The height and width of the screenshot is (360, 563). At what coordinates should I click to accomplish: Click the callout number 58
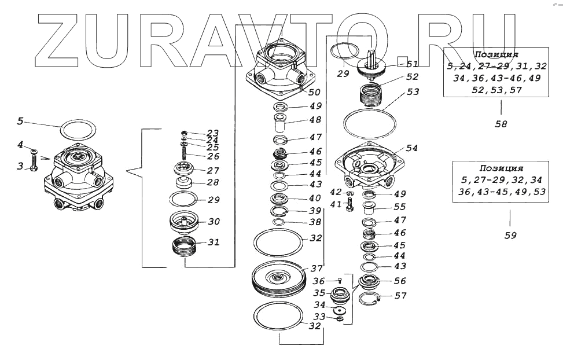[501, 123]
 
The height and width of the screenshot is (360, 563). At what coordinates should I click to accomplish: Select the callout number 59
[510, 235]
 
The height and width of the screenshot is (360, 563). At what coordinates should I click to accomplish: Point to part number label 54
[411, 148]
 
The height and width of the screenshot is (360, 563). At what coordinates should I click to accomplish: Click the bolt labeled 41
[350, 205]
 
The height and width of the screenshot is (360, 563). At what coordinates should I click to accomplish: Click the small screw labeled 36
[340, 281]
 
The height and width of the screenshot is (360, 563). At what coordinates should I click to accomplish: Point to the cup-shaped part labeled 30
[183, 221]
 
